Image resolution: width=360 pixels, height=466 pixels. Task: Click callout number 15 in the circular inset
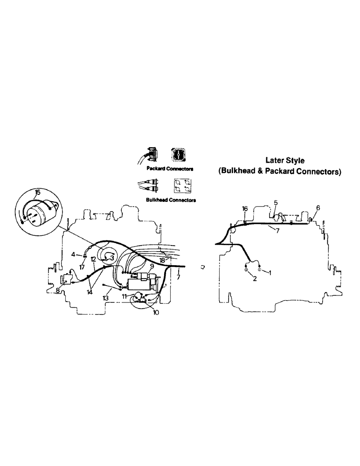(x=37, y=192)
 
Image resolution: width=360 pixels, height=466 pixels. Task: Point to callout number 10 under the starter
(x=155, y=313)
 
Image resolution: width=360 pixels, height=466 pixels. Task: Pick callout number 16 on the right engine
(x=245, y=209)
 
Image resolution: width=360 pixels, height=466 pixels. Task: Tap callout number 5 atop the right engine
(x=276, y=203)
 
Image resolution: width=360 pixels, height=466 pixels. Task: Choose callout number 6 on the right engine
(x=318, y=207)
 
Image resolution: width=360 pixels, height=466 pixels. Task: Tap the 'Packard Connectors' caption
(x=163, y=168)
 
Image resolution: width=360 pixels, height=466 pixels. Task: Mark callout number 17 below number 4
(x=82, y=267)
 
